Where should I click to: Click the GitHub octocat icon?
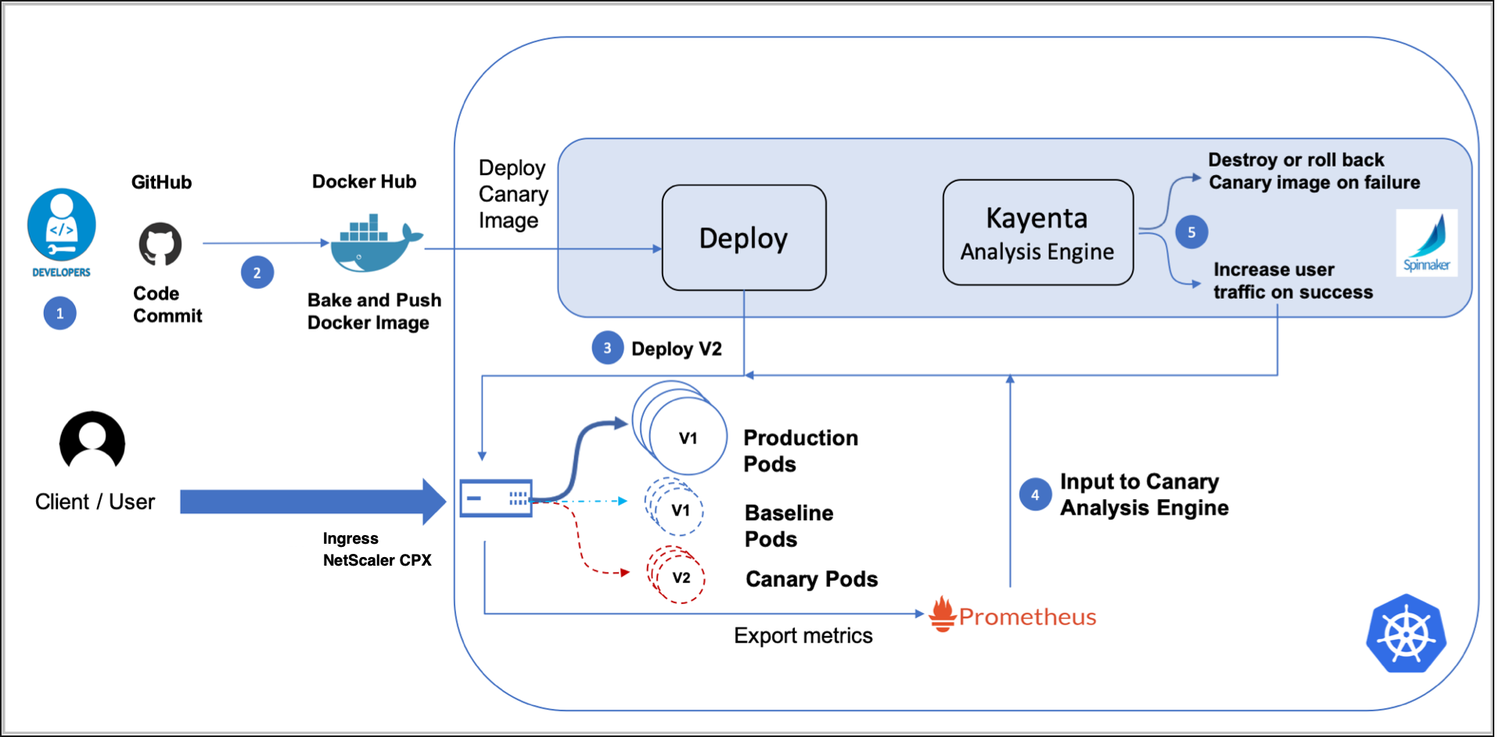coord(160,244)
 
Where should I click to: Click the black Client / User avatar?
coord(92,440)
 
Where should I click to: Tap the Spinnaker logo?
coord(1426,243)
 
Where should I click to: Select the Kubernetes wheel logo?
coord(1406,634)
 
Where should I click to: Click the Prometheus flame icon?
coord(943,614)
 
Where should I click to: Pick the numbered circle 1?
coord(60,314)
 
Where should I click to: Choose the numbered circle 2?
coord(257,273)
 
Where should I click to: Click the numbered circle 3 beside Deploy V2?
coord(608,348)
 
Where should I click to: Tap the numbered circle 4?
coord(1036,494)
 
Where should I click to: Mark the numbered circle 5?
coord(1192,232)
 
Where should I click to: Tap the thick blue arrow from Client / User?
coord(313,502)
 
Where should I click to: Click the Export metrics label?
coord(803,635)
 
